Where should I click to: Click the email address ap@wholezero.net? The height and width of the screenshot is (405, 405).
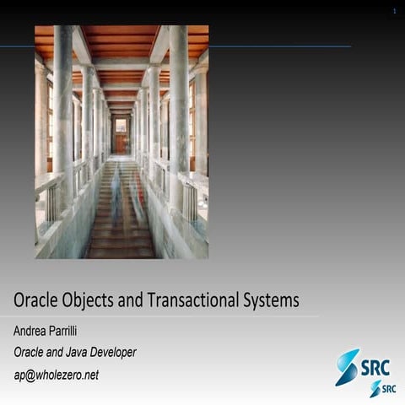pos(56,375)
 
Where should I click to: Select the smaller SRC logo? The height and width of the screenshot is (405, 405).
pos(382,388)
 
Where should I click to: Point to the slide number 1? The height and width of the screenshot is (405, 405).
pos(393,11)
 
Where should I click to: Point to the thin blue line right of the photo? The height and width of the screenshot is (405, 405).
pos(278,46)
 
